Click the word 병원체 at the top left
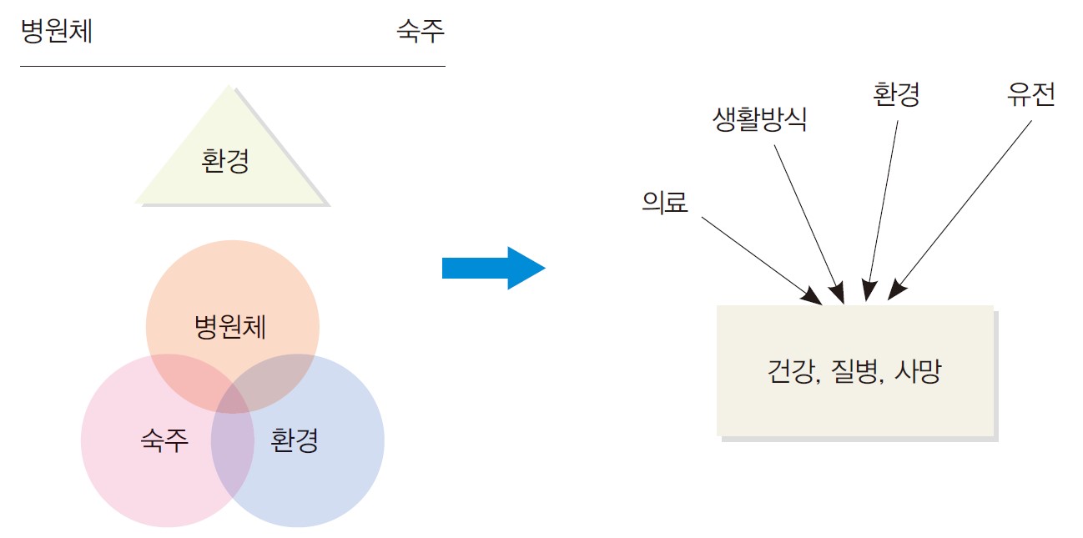(57, 32)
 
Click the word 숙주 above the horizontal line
(421, 32)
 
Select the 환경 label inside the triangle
(225, 160)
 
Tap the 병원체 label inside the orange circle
(230, 327)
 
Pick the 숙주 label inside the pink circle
(164, 440)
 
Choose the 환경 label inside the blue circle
(295, 440)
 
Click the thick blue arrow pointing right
(492, 268)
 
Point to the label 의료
(665, 202)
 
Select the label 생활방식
(760, 119)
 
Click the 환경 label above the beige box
(897, 93)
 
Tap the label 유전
(1031, 94)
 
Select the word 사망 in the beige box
(917, 371)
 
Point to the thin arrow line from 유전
(964, 209)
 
